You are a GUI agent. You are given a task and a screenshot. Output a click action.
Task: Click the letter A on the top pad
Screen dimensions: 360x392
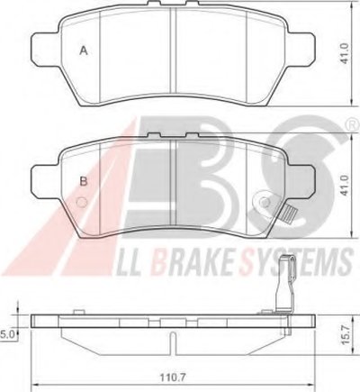tap(84, 50)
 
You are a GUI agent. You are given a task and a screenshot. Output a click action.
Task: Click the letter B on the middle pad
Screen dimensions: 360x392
tap(84, 181)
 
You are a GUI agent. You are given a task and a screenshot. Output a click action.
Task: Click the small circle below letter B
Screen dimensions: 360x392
tap(82, 202)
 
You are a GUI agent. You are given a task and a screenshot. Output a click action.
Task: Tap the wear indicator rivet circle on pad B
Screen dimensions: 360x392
tap(265, 202)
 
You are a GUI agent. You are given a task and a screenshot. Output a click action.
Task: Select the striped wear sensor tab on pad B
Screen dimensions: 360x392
tap(289, 215)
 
